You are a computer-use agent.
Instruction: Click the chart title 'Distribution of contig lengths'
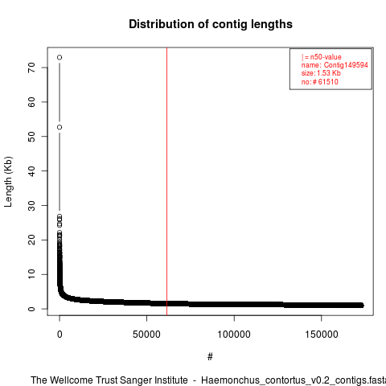[211, 24]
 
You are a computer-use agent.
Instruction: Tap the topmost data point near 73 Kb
[60, 57]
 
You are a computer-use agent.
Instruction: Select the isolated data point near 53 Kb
[60, 127]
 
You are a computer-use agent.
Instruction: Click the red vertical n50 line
[166, 182]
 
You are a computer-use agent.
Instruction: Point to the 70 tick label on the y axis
[31, 68]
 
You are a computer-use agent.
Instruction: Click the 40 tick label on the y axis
[31, 171]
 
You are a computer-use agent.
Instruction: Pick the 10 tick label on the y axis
[31, 274]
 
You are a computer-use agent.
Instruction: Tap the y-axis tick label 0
[31, 309]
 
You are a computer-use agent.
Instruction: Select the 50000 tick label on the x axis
[146, 335]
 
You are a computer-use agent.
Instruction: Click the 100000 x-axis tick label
[234, 335]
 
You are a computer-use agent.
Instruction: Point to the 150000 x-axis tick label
[322, 335]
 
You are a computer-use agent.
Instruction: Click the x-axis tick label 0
[60, 335]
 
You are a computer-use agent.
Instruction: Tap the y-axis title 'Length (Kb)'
[8, 182]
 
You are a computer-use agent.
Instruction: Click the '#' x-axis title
[210, 357]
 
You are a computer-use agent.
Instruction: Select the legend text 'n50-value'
[326, 57]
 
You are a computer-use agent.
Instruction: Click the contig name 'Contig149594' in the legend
[346, 65]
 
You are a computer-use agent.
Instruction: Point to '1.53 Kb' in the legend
[329, 73]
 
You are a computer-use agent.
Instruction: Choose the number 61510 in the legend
[328, 81]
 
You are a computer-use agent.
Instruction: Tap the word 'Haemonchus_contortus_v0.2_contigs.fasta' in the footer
[294, 380]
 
